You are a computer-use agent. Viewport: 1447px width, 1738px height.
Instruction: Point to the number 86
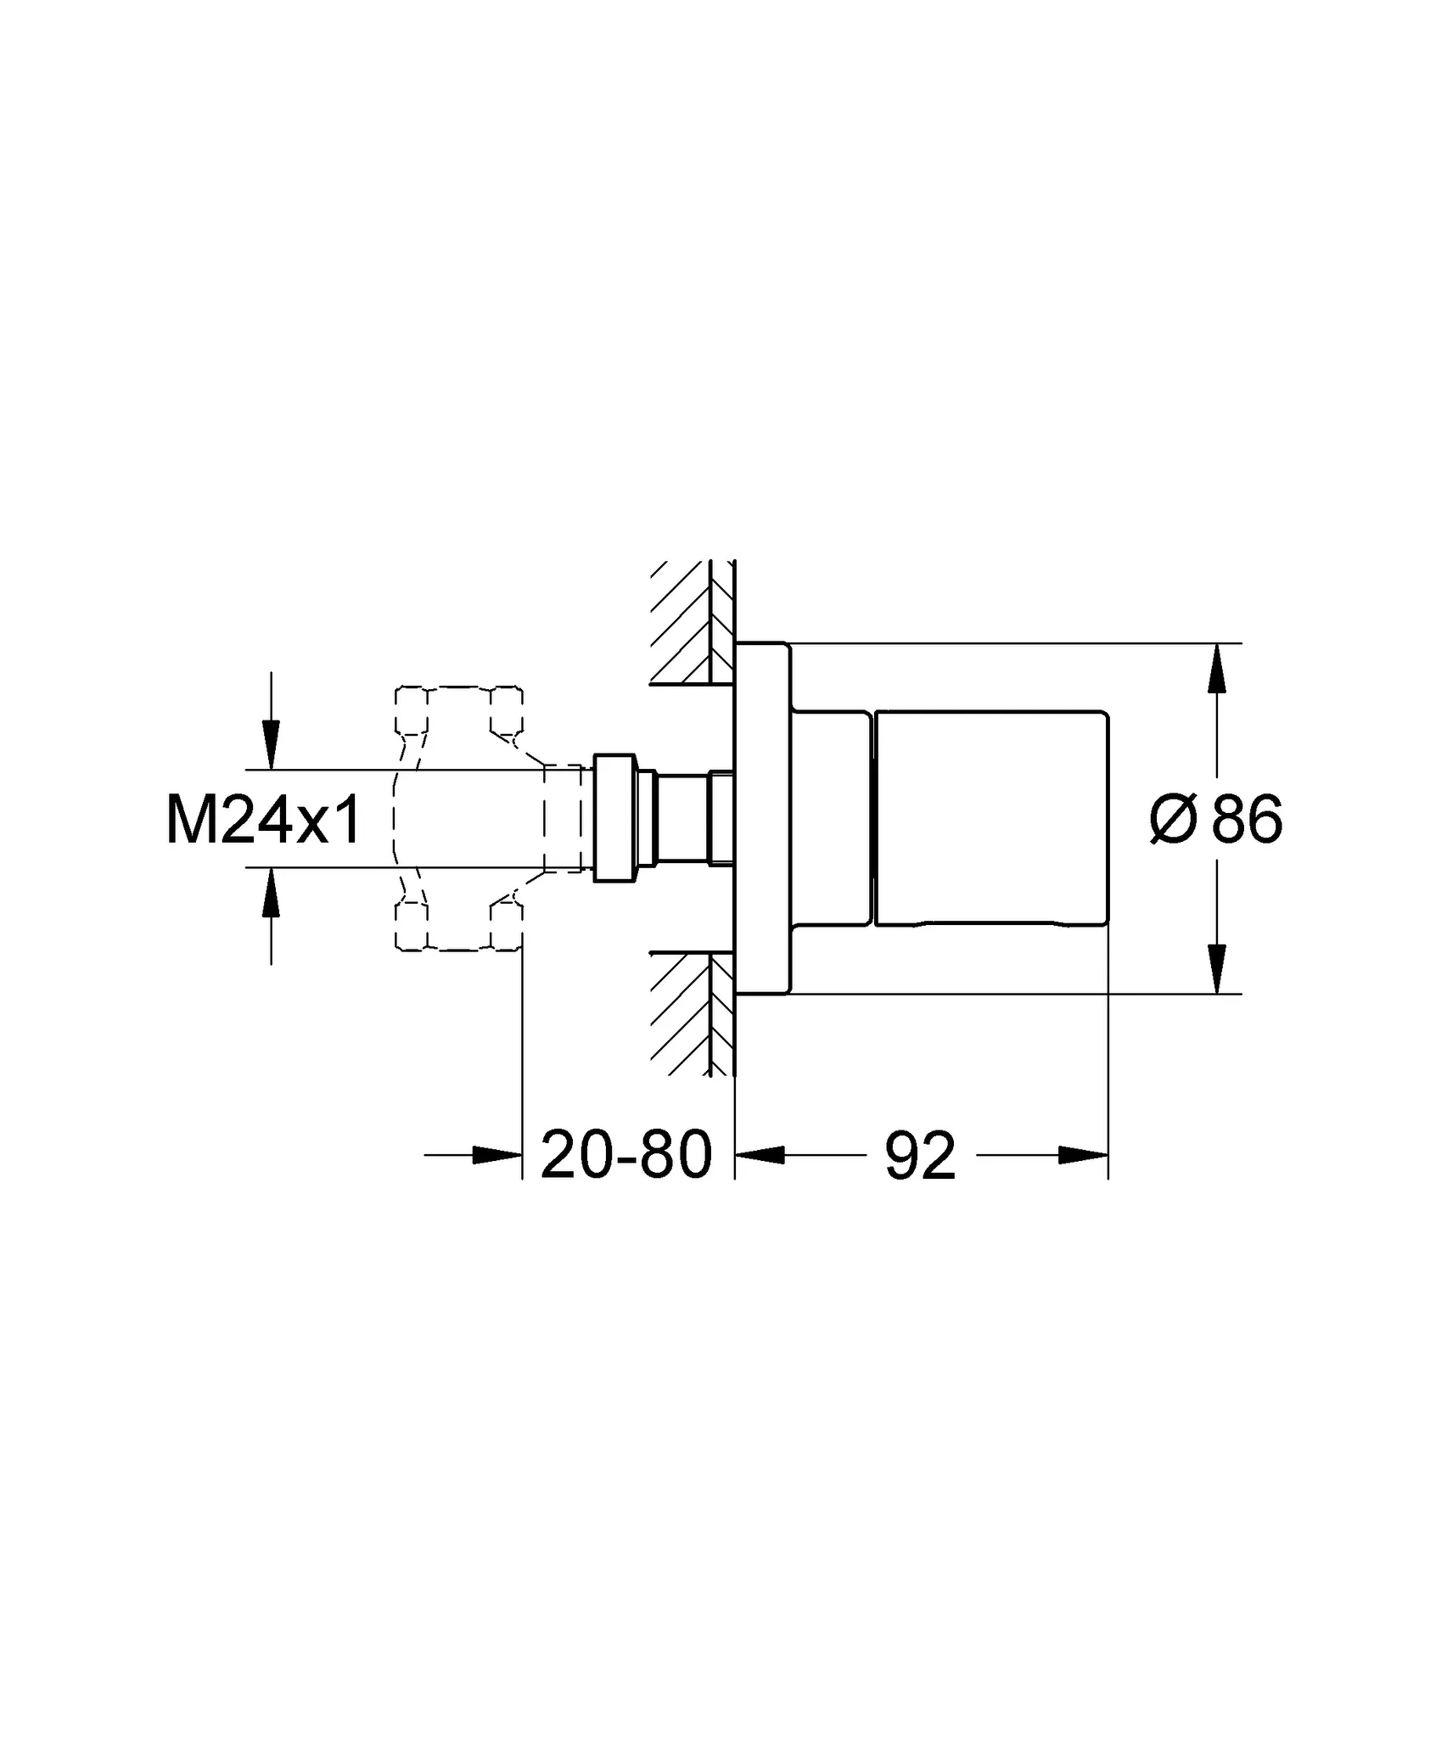click(1247, 819)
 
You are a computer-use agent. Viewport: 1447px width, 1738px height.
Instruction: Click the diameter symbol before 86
click(1174, 820)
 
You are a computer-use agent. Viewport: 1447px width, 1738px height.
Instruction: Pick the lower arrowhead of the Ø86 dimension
click(1217, 969)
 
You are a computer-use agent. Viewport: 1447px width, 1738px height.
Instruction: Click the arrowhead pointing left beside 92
click(760, 1154)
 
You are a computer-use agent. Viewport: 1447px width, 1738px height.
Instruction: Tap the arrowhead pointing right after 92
click(1084, 1154)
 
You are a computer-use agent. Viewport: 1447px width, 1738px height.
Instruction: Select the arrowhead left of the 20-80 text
click(497, 1154)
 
